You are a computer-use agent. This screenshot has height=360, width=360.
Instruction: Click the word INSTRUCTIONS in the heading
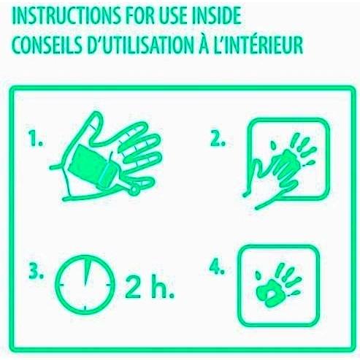click(67, 16)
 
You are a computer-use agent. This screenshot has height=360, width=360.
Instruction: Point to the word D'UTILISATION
click(139, 45)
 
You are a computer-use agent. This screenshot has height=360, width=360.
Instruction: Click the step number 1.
click(36, 139)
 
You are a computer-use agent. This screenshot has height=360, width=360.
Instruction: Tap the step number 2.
click(218, 139)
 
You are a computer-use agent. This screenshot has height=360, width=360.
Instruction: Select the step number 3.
click(37, 271)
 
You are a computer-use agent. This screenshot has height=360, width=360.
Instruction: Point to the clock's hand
click(87, 272)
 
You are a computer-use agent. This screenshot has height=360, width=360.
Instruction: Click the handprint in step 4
click(278, 286)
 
